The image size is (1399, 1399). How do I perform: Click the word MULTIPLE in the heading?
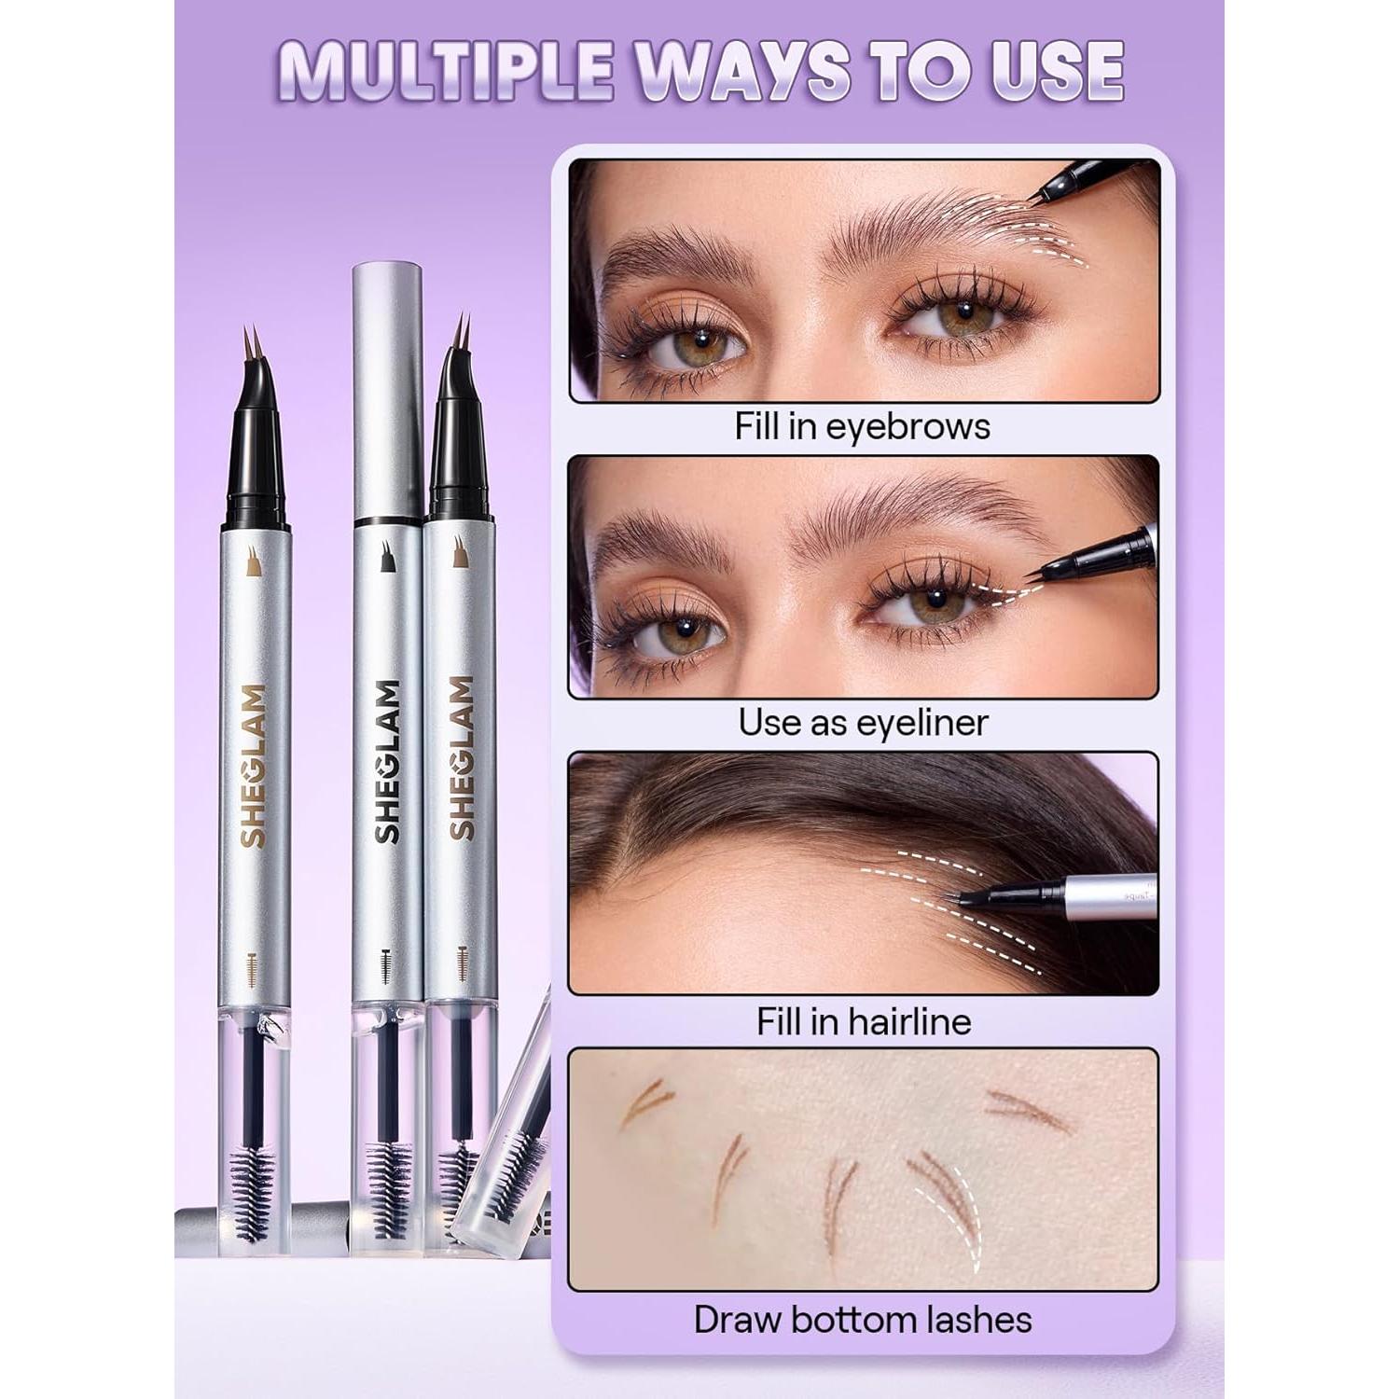(x=445, y=70)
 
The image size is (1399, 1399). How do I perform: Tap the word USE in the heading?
(x=1057, y=70)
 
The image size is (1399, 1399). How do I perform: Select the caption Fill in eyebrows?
(x=862, y=426)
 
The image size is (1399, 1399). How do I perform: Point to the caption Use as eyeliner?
(x=862, y=723)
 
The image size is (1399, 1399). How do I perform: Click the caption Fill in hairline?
(x=863, y=1021)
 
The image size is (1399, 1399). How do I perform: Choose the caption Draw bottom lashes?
(x=863, y=1320)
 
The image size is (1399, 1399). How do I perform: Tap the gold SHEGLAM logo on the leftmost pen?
(x=253, y=766)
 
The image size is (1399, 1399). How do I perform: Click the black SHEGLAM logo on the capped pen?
(x=388, y=761)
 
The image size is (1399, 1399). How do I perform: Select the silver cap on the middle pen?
(x=387, y=392)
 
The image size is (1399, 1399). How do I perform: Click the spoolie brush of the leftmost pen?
(x=253, y=1193)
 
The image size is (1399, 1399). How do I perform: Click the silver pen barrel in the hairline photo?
(x=1110, y=897)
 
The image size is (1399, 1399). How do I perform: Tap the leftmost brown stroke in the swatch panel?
(x=645, y=1100)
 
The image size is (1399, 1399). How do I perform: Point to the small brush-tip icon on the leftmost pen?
(x=253, y=561)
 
